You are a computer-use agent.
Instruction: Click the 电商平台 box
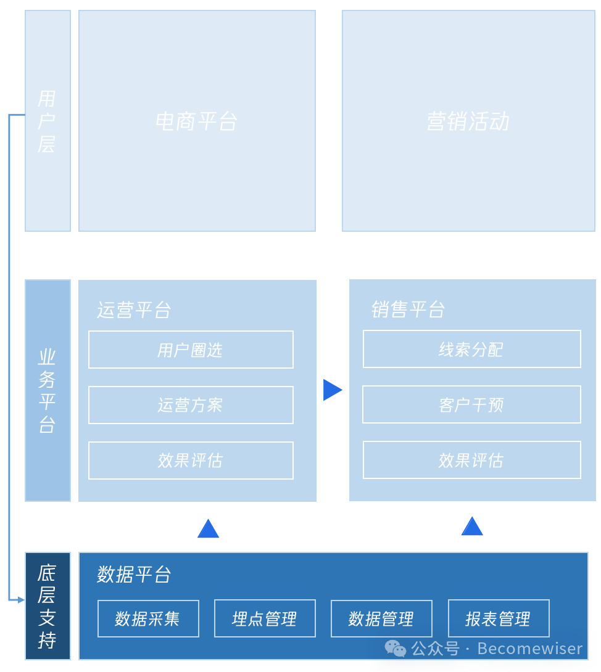pyautogui.click(x=197, y=121)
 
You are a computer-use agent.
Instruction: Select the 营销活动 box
pyautogui.click(x=468, y=121)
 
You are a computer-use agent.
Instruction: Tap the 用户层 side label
pyautogui.click(x=48, y=121)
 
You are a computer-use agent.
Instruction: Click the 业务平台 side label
pyautogui.click(x=48, y=390)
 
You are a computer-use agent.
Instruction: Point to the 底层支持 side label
pyautogui.click(x=48, y=606)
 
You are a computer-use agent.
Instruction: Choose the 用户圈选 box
pyautogui.click(x=191, y=350)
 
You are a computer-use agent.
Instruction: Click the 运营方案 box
pyautogui.click(x=191, y=405)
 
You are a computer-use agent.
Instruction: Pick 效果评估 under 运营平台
pyautogui.click(x=191, y=461)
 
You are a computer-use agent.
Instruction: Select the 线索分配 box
pyautogui.click(x=471, y=349)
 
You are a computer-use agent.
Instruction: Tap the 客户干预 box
pyautogui.click(x=471, y=404)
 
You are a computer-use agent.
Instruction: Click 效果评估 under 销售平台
pyautogui.click(x=471, y=460)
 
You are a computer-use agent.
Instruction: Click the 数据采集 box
pyautogui.click(x=148, y=618)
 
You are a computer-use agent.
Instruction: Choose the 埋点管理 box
pyautogui.click(x=265, y=618)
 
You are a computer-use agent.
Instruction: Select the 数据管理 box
pyautogui.click(x=381, y=618)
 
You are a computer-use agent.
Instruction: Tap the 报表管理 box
pyautogui.click(x=499, y=618)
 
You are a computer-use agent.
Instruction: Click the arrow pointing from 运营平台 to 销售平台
pyautogui.click(x=331, y=390)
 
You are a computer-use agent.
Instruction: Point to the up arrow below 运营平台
pyautogui.click(x=208, y=530)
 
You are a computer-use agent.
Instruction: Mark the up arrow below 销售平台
pyautogui.click(x=472, y=527)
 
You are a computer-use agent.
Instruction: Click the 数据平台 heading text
pyautogui.click(x=134, y=575)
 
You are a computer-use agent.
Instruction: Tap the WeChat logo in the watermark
pyautogui.click(x=396, y=648)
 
